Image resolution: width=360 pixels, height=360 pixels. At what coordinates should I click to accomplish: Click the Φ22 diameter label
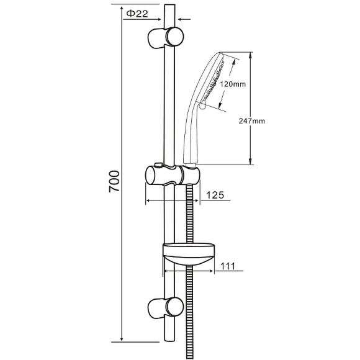coord(137,14)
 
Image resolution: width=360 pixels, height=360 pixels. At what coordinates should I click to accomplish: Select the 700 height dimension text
coord(114,181)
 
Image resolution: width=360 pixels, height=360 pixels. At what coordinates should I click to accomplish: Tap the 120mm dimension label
coord(233,84)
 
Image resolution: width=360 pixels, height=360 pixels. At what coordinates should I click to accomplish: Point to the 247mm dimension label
coord(252,121)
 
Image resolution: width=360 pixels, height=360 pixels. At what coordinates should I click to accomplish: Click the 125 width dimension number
coord(215,195)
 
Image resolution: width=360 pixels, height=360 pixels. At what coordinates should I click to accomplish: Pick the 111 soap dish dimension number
coord(228,266)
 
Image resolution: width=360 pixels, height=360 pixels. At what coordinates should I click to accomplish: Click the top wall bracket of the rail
coord(166,38)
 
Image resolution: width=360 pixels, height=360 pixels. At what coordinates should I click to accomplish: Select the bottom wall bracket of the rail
coord(166,308)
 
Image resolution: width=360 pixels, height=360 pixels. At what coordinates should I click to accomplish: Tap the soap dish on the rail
coord(189,254)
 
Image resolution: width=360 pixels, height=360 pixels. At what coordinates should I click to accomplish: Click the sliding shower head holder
coord(173,175)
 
